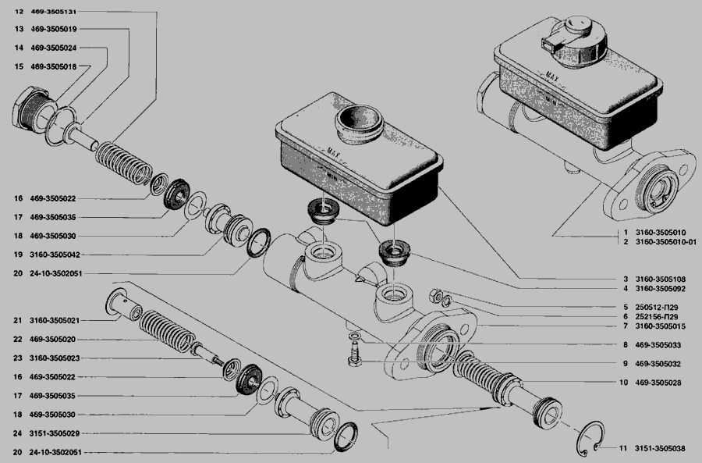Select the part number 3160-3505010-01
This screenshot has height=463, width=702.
[666, 242]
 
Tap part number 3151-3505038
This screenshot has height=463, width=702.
[659, 448]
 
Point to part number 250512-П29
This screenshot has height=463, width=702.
[656, 308]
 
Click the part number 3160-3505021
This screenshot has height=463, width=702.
[55, 320]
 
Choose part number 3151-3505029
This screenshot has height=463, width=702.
[55, 433]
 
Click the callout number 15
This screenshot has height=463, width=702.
[19, 66]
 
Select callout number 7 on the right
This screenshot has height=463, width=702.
[626, 326]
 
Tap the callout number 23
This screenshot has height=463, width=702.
[17, 358]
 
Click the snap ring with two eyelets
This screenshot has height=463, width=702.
[590, 436]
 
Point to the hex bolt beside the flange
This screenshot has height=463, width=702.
[355, 353]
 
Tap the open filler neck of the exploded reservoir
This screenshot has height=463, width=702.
[360, 123]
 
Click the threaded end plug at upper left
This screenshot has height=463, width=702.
[32, 108]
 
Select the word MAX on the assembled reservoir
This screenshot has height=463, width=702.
[552, 77]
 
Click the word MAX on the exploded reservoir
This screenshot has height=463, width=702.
[334, 153]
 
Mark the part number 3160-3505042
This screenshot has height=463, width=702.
[55, 255]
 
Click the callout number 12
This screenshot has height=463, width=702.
[19, 12]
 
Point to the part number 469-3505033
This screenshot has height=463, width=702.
[658, 345]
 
